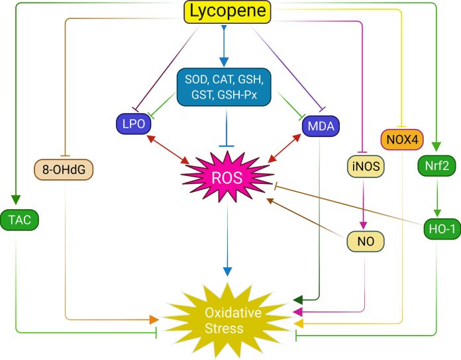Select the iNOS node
364,167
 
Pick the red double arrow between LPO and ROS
169,148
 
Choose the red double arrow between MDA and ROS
285,150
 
